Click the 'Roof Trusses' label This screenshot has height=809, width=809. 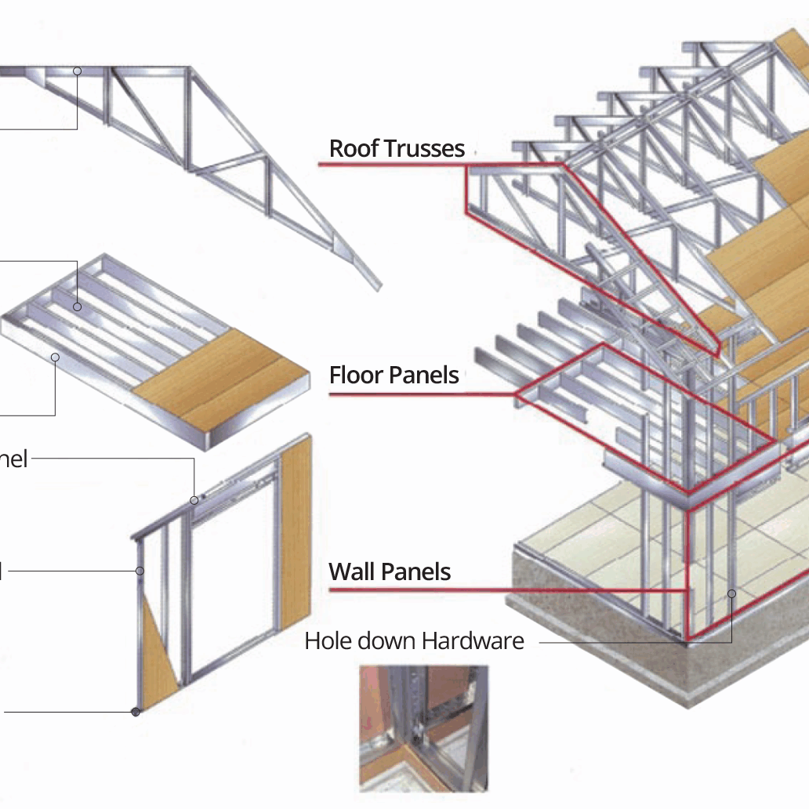point(397,148)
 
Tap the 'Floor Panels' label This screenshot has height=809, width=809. point(394,375)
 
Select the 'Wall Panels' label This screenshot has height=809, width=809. point(390,571)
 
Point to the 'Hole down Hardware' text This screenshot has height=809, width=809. point(414,640)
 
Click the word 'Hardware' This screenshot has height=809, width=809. point(473,640)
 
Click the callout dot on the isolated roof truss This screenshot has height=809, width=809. point(78,71)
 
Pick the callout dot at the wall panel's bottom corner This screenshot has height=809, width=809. point(136,712)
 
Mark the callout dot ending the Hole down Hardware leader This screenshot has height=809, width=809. point(731,593)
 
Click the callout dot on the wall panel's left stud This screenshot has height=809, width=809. point(140,571)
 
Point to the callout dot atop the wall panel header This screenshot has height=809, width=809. point(194,499)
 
